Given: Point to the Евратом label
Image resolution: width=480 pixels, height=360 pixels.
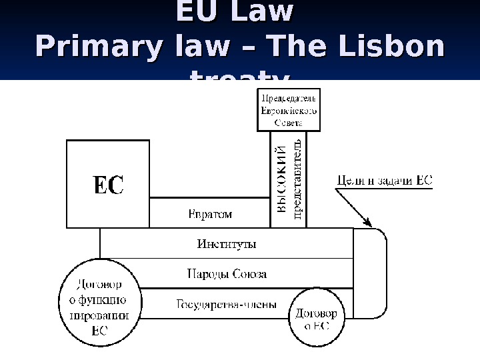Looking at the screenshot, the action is [208, 215].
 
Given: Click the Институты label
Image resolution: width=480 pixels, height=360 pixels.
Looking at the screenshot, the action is [227, 244].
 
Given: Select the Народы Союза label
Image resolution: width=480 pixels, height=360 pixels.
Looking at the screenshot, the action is [227, 274].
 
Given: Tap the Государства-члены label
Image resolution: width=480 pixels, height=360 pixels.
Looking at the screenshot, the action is [226, 305].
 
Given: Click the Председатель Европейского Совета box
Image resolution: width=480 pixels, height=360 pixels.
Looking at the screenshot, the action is [289, 111].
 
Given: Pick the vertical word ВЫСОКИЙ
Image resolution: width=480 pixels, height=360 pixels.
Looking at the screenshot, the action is [282, 181].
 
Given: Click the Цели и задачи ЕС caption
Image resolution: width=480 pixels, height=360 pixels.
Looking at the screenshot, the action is [385, 179].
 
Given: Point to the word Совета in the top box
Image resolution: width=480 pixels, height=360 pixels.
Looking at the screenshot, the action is [289, 123].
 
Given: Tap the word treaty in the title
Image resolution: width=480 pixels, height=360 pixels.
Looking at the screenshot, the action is [240, 81].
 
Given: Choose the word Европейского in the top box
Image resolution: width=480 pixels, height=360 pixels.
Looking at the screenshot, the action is [289, 111].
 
